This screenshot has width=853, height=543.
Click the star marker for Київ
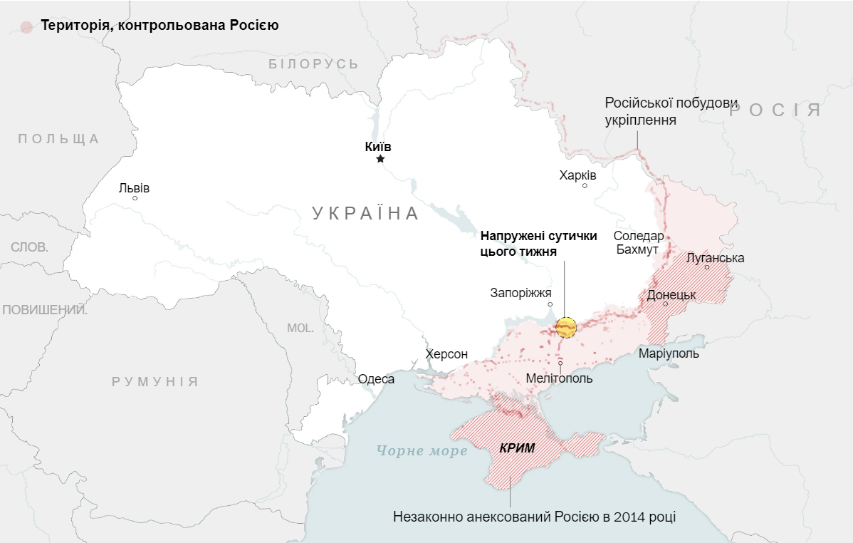(x=380, y=159)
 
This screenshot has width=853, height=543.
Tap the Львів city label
(x=134, y=188)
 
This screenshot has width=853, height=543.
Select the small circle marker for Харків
(x=585, y=186)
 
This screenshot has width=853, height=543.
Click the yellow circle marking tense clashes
(x=566, y=328)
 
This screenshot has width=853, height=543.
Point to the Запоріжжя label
(x=520, y=293)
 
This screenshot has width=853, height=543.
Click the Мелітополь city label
(x=559, y=378)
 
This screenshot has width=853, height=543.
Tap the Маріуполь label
(x=669, y=353)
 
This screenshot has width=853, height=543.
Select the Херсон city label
(x=446, y=354)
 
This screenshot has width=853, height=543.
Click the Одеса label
(x=376, y=379)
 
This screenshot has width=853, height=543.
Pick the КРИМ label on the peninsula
(x=517, y=448)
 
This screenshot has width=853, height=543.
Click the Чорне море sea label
(x=422, y=451)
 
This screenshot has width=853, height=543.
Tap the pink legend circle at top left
(x=27, y=26)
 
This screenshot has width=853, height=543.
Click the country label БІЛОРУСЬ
(x=313, y=64)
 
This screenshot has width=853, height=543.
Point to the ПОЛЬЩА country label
(x=58, y=139)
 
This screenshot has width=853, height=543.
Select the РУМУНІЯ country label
(x=155, y=381)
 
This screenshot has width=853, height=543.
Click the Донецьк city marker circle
(x=666, y=304)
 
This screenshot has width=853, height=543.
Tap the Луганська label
(x=715, y=258)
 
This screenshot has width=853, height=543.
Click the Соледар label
(x=638, y=236)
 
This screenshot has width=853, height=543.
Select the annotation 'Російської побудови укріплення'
(x=661, y=111)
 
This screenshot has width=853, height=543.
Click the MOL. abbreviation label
(x=300, y=328)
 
